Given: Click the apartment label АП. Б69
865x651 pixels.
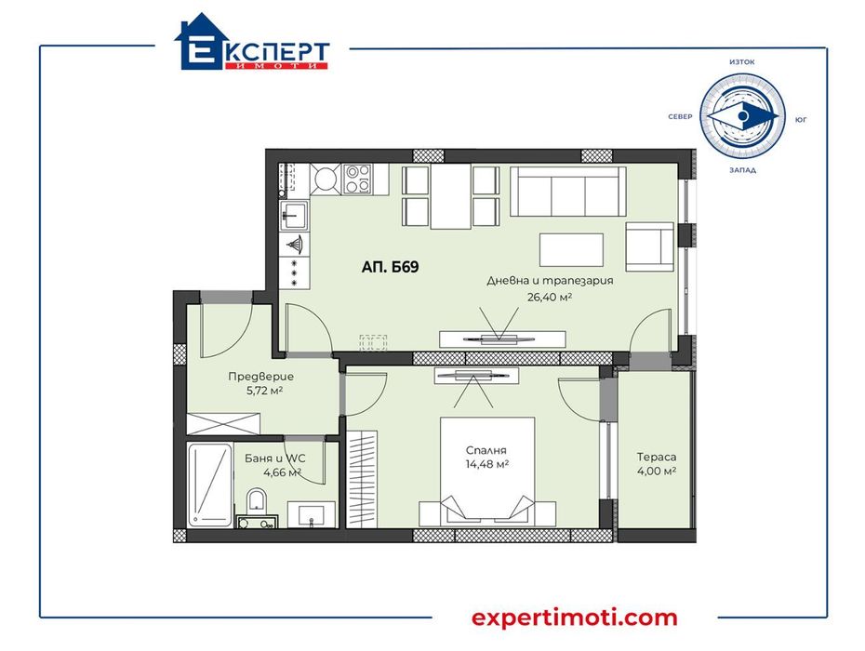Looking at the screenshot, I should click(391, 267).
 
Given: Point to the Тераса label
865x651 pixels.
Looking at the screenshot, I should click(657, 457).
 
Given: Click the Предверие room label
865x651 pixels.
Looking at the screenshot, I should click(260, 377).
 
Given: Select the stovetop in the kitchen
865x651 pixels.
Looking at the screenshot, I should click(358, 178).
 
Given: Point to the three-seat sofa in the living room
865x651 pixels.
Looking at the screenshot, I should click(567, 191).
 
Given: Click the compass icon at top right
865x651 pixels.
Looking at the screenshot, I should click(742, 116).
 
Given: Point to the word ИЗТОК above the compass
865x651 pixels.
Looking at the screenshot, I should click(742, 62).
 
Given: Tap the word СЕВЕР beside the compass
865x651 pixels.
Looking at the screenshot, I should click(681, 117).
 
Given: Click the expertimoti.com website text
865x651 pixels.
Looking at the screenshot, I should click(574, 618).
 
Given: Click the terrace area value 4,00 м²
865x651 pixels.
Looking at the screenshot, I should click(657, 472).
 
